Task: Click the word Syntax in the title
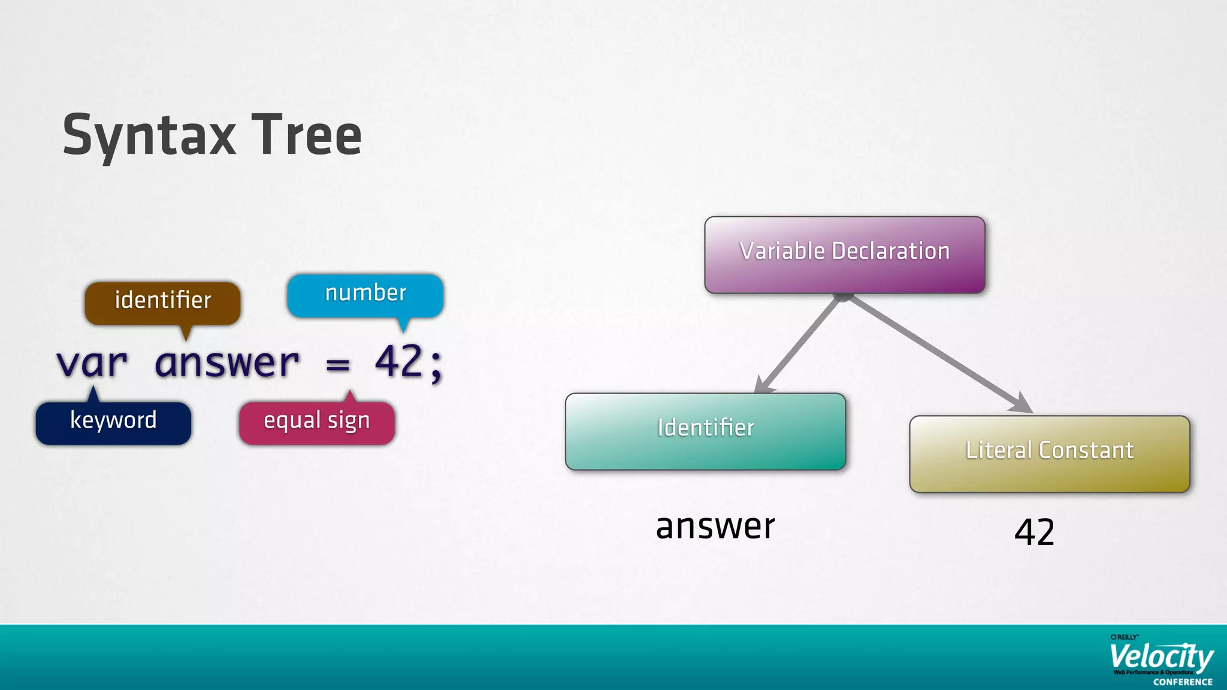point(149,136)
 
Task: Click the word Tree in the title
point(306,136)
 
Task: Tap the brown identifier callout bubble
point(162,301)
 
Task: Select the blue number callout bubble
point(365,294)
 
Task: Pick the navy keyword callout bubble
point(113,422)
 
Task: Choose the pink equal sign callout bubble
point(316,422)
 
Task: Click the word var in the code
point(92,363)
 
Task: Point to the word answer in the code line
point(226,363)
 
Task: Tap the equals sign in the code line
point(338,364)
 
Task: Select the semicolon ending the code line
point(436,365)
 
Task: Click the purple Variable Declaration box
point(845,255)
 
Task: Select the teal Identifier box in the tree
point(705,431)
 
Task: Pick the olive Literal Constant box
point(1049,453)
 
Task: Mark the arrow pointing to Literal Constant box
point(941,355)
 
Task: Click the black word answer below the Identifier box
point(715,527)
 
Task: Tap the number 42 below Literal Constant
point(1034,532)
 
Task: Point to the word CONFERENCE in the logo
point(1183,682)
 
